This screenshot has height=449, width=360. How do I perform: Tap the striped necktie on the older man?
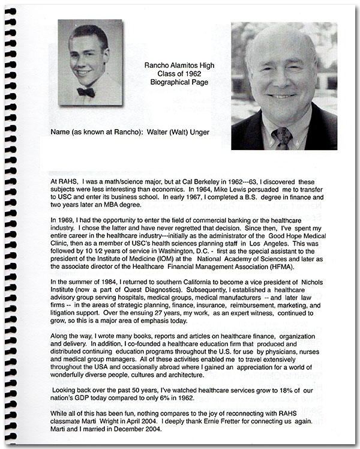pyautogui.click(x=281, y=137)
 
